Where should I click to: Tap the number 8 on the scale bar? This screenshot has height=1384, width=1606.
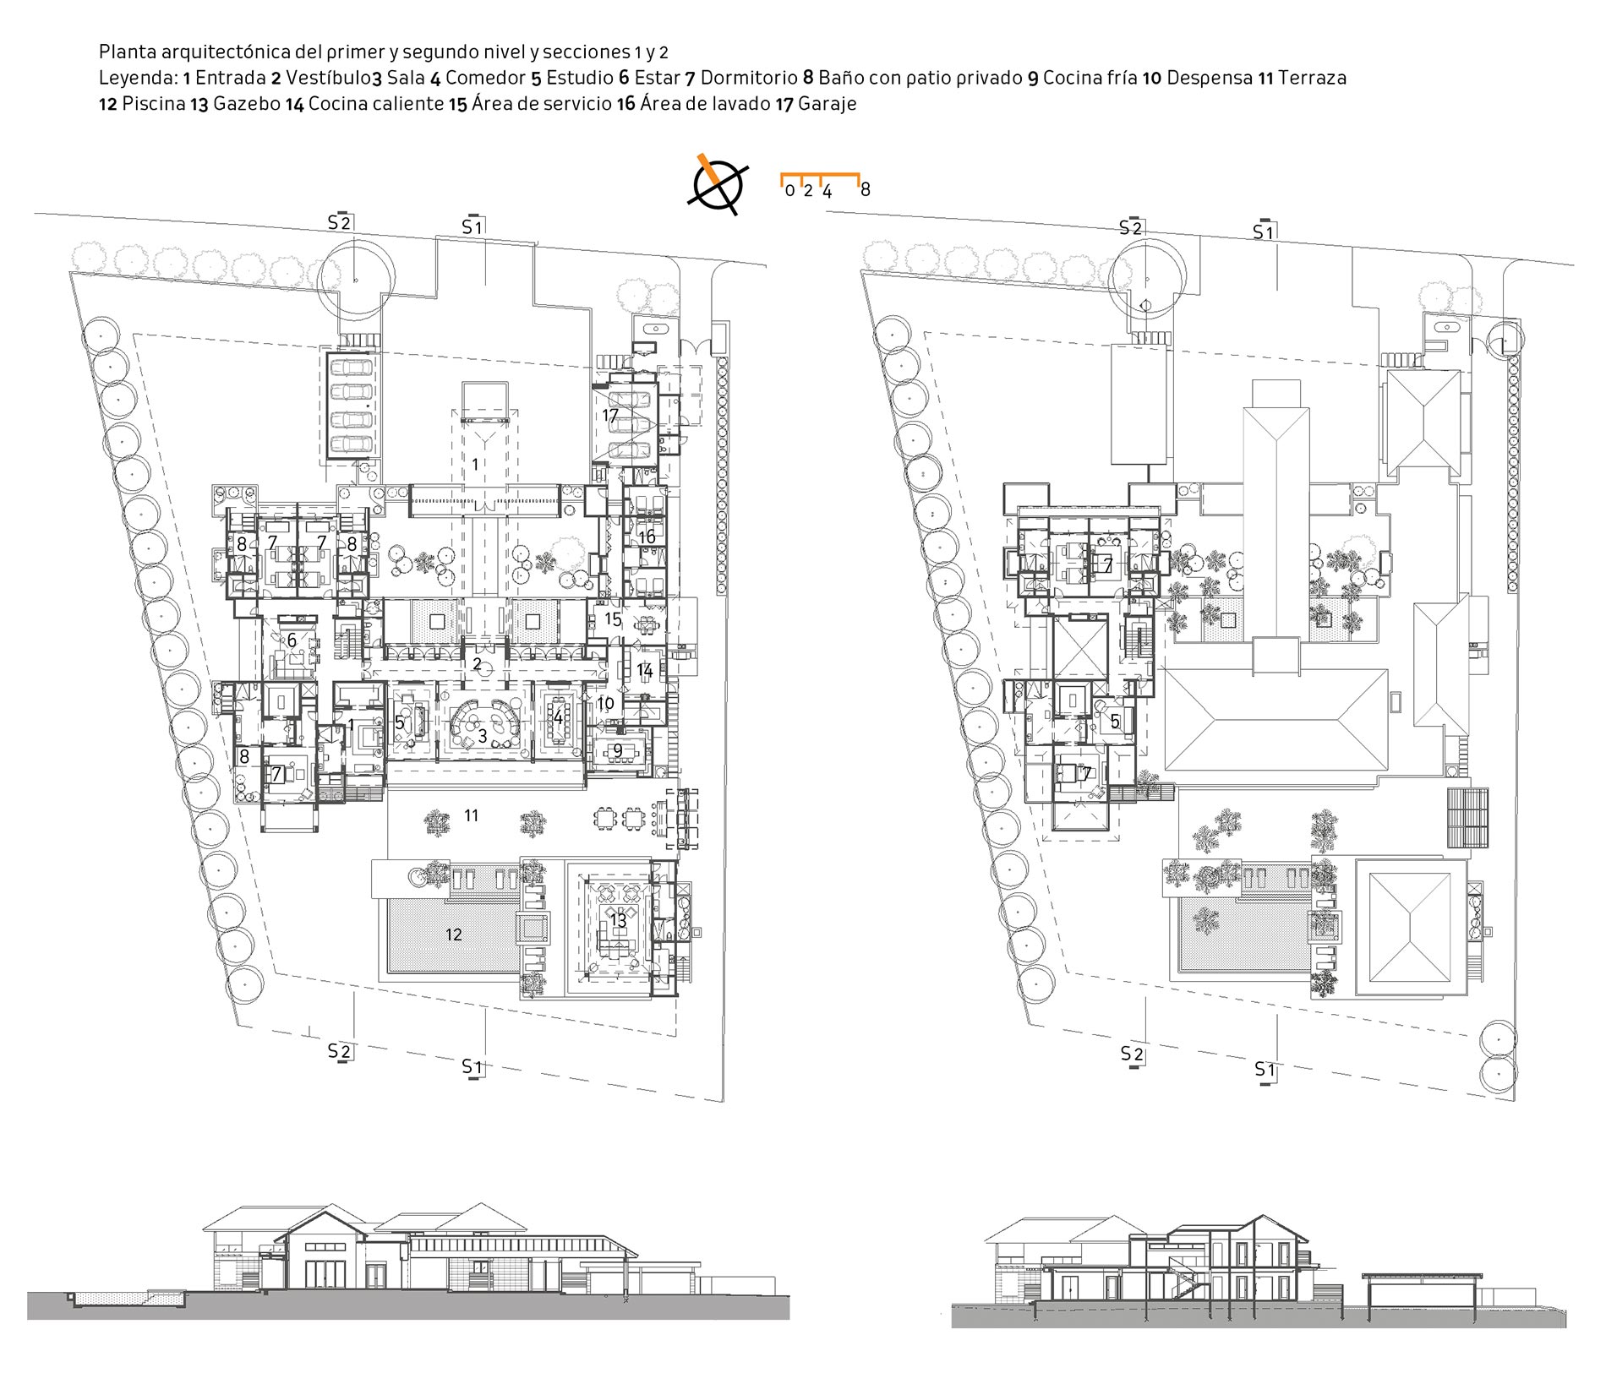865,190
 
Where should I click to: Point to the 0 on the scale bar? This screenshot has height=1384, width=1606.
789,190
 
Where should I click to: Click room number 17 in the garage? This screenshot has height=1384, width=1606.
611,416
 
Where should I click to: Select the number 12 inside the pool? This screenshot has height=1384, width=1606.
454,934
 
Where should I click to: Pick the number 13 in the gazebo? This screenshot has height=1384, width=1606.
618,921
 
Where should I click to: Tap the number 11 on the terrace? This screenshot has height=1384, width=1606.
472,815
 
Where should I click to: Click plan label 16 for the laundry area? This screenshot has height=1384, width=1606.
647,537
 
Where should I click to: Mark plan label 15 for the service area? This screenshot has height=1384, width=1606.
614,619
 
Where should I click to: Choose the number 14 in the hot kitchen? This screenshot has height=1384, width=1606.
645,670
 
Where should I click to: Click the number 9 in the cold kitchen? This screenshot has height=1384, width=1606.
618,750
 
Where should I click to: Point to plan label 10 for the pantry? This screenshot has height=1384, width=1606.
605,703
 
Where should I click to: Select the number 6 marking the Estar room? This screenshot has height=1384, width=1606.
292,640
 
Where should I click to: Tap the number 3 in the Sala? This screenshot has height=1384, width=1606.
483,737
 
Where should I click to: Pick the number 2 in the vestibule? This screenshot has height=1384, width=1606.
478,664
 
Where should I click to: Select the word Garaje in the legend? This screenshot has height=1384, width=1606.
827,104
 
